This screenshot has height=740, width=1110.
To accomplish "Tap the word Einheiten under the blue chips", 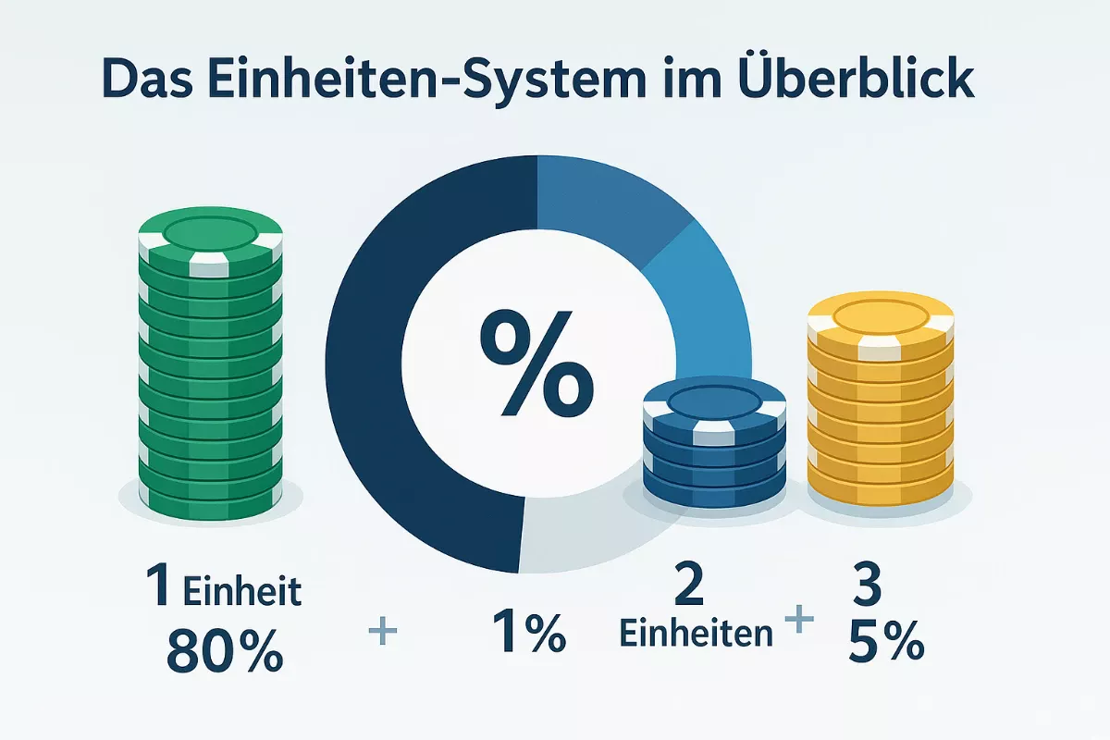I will (x=696, y=634).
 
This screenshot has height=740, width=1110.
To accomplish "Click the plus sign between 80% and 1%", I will (x=381, y=632).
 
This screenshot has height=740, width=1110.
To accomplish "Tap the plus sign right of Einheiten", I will (x=795, y=621).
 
